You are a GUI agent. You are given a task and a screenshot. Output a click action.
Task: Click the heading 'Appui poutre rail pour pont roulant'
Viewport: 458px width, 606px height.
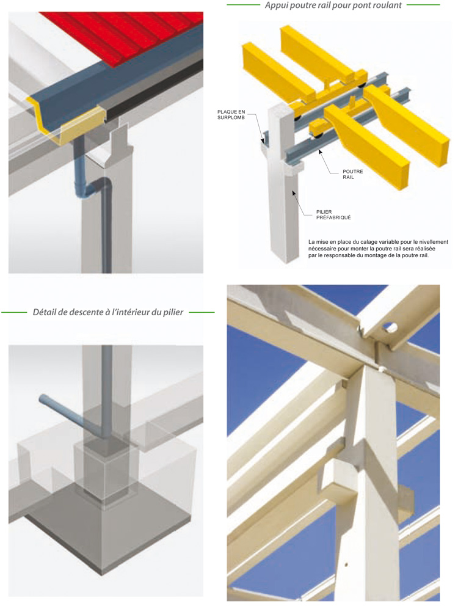pos(333,5)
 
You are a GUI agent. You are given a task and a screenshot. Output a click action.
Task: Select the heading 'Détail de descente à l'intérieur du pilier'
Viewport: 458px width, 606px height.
pos(108,312)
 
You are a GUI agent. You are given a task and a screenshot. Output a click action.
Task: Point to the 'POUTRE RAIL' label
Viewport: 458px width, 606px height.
pos(353,175)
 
